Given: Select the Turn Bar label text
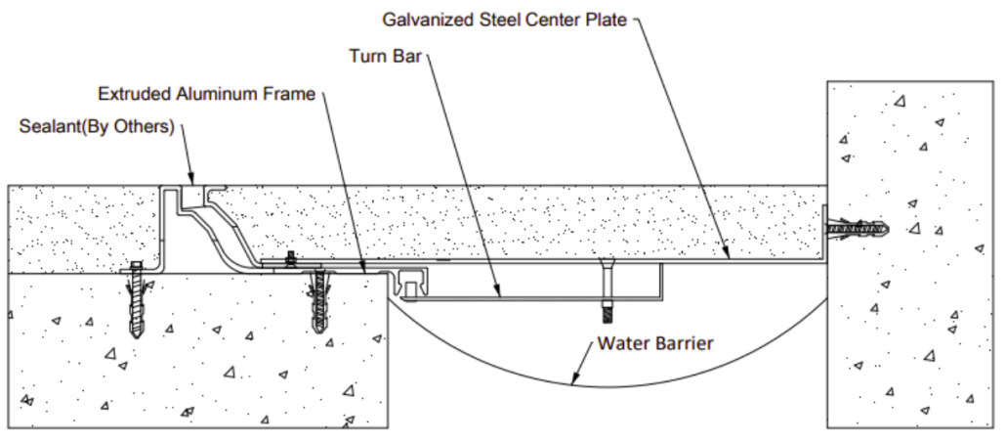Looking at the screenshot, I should (x=384, y=56).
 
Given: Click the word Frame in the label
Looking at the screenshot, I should (x=290, y=94).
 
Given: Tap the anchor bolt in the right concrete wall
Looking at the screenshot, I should (x=857, y=229).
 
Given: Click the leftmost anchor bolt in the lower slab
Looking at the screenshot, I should (x=136, y=299).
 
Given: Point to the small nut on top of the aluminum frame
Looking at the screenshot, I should (x=289, y=261).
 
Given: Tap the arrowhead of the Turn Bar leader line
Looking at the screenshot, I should (x=499, y=290).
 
